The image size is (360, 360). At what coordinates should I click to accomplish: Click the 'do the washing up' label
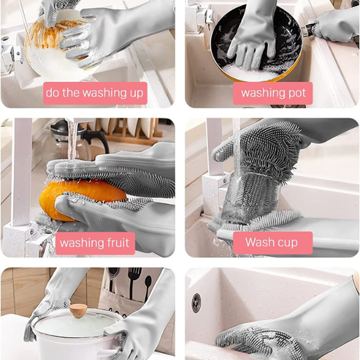pos(95,93)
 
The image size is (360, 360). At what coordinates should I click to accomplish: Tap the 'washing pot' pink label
pos(273,93)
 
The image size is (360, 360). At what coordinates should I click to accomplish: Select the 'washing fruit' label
pos(95,243)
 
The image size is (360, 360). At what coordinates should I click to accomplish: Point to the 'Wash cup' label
pos(273,242)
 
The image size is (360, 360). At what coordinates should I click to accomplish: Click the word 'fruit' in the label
pos(118,242)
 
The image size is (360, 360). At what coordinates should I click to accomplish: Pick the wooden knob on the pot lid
pos(78,310)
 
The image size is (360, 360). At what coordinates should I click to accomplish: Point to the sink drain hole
pos(196,303)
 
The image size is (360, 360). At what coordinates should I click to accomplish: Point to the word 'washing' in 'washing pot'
pos(263,94)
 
